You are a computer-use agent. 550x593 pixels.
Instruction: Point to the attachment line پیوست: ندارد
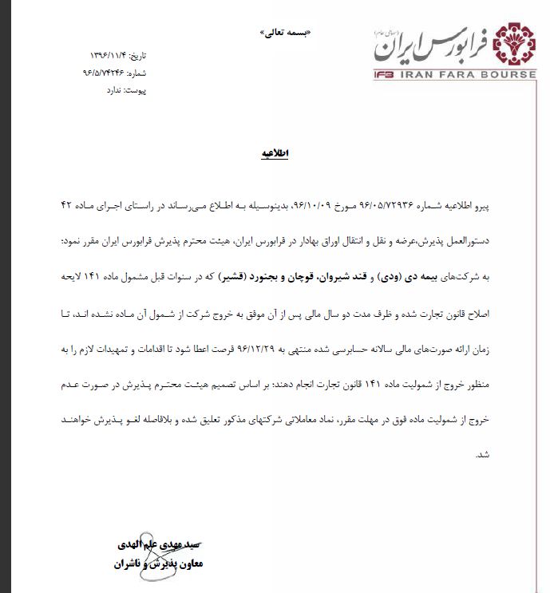point(127,90)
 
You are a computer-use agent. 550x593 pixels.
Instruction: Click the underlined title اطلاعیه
point(273,153)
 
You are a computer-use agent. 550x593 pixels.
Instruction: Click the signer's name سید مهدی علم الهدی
point(163,545)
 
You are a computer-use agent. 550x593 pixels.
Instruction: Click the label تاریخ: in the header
point(140,56)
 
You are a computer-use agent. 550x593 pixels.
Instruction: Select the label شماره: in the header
point(137,73)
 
